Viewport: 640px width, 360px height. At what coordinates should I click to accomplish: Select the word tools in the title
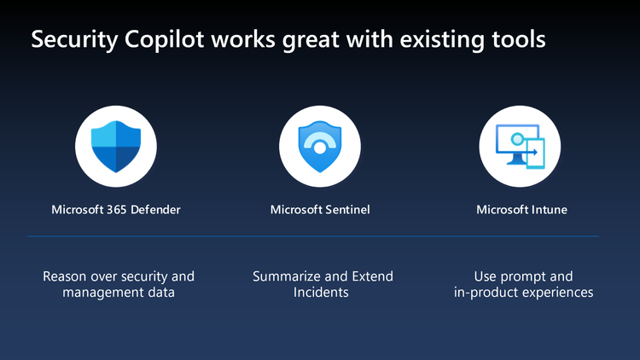click(520, 40)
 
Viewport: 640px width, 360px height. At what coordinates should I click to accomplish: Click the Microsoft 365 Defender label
click(116, 209)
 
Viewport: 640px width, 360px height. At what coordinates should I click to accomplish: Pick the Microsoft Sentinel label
click(319, 209)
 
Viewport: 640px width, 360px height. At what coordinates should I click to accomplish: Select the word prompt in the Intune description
click(526, 276)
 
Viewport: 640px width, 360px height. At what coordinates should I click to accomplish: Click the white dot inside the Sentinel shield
click(319, 148)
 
